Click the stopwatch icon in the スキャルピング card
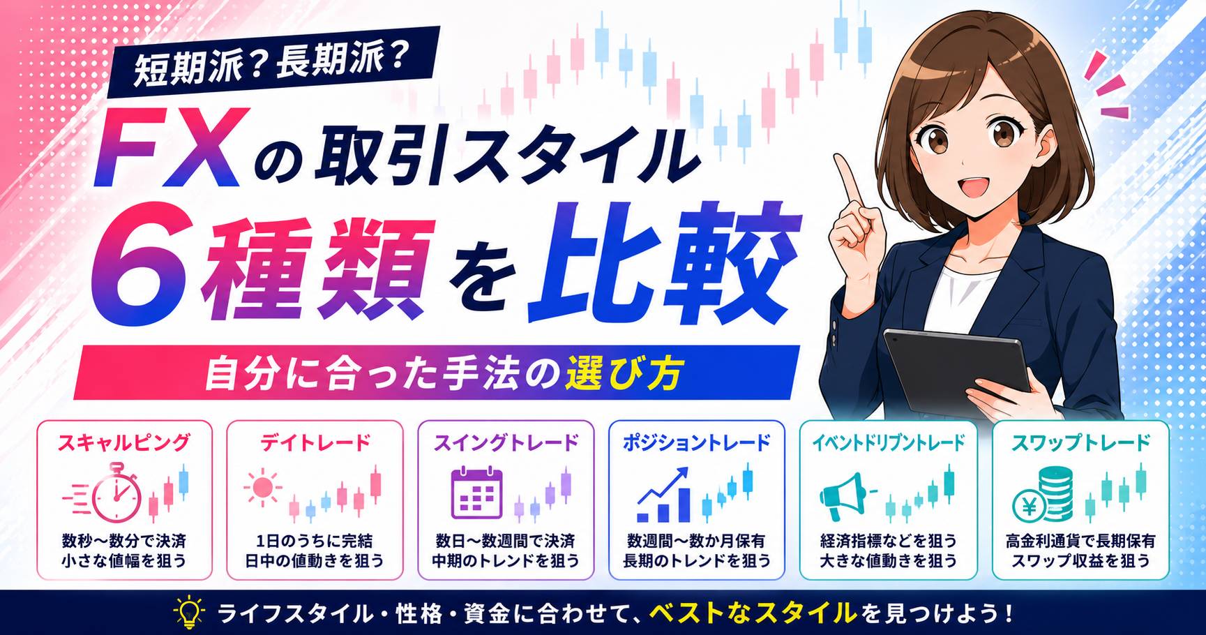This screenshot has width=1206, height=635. (116, 493)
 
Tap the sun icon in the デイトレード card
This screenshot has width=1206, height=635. (263, 487)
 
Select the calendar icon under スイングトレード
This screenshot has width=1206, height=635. (477, 493)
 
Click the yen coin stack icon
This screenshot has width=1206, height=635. (1043, 495)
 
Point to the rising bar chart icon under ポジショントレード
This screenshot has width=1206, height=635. (663, 495)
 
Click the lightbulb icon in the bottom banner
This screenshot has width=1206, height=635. (188, 613)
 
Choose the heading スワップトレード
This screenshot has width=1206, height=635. (1080, 442)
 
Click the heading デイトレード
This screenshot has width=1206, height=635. (315, 442)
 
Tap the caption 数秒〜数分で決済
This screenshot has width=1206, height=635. (124, 541)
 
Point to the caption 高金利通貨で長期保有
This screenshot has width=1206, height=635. (1080, 541)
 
